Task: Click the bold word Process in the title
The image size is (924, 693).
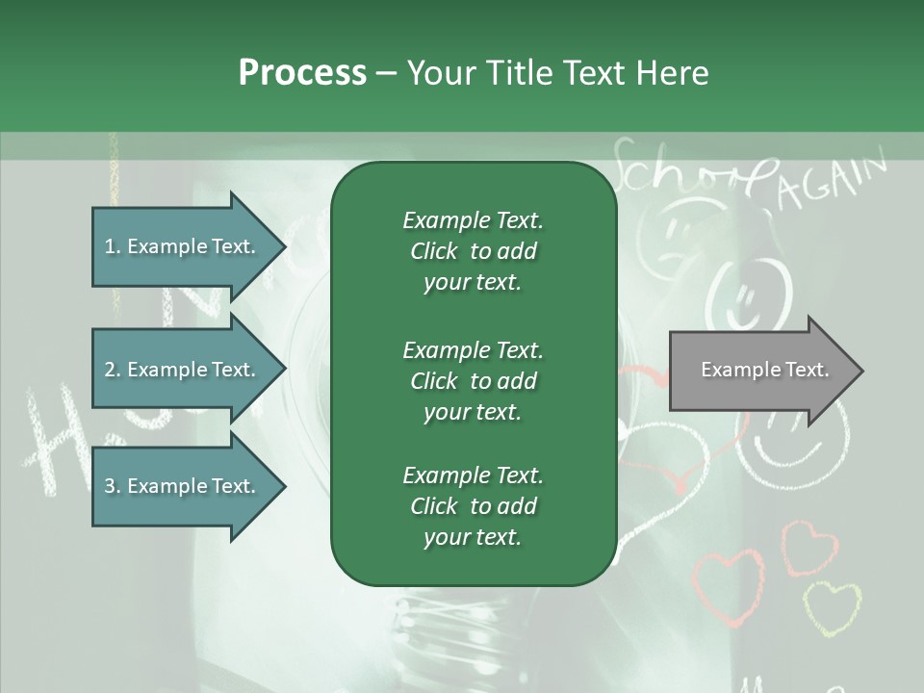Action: tap(302, 73)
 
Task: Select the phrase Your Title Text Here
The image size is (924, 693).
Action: tap(558, 73)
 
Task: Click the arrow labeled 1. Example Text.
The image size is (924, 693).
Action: tap(183, 246)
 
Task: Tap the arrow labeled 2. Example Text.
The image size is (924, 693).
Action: tap(183, 370)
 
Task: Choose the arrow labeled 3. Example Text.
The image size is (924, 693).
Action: tap(183, 486)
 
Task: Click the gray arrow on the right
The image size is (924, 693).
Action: tap(760, 370)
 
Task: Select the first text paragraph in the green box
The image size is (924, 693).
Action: tap(473, 251)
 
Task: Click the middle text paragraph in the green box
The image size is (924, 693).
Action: tap(473, 380)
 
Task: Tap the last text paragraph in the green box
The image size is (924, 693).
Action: tap(473, 506)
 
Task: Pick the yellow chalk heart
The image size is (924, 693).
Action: tap(832, 606)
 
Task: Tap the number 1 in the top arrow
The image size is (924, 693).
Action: tap(110, 246)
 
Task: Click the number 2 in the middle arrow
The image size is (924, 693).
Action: tap(110, 370)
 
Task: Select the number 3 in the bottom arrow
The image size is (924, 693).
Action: tap(110, 486)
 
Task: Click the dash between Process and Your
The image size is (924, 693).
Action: tap(386, 73)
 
